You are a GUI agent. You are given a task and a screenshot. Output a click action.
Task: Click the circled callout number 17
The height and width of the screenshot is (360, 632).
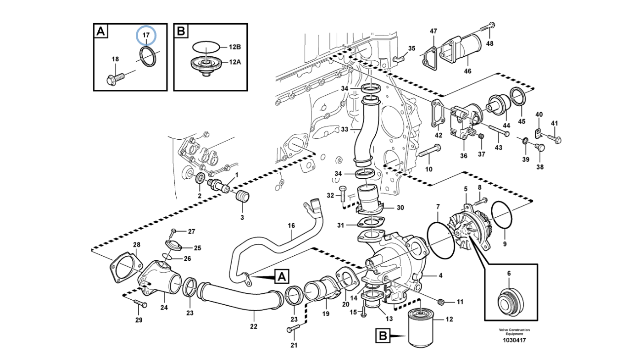(146, 35)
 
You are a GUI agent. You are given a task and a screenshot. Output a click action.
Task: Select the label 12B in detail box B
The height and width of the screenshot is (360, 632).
(235, 47)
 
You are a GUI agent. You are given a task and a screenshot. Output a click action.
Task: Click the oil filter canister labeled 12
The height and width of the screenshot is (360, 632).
(420, 327)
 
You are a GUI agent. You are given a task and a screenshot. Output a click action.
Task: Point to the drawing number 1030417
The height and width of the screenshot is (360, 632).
(514, 340)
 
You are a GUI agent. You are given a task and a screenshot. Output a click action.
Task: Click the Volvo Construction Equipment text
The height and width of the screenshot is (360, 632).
(514, 331)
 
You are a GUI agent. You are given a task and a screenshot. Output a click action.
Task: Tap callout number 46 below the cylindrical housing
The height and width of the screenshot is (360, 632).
(468, 71)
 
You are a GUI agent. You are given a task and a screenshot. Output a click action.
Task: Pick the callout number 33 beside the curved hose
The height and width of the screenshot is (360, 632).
(345, 129)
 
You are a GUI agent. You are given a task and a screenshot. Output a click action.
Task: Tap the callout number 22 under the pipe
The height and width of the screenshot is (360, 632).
(254, 326)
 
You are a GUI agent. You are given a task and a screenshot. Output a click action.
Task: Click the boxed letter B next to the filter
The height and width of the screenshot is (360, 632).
(383, 336)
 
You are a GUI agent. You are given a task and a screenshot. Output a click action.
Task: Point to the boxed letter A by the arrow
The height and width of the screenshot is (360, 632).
(282, 277)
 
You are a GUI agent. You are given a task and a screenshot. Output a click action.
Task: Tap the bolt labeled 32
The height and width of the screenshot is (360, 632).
(343, 194)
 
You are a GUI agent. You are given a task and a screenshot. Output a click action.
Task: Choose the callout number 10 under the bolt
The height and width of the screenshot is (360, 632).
(429, 169)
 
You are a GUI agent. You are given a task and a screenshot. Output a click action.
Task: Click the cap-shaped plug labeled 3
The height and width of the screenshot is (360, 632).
(242, 197)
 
